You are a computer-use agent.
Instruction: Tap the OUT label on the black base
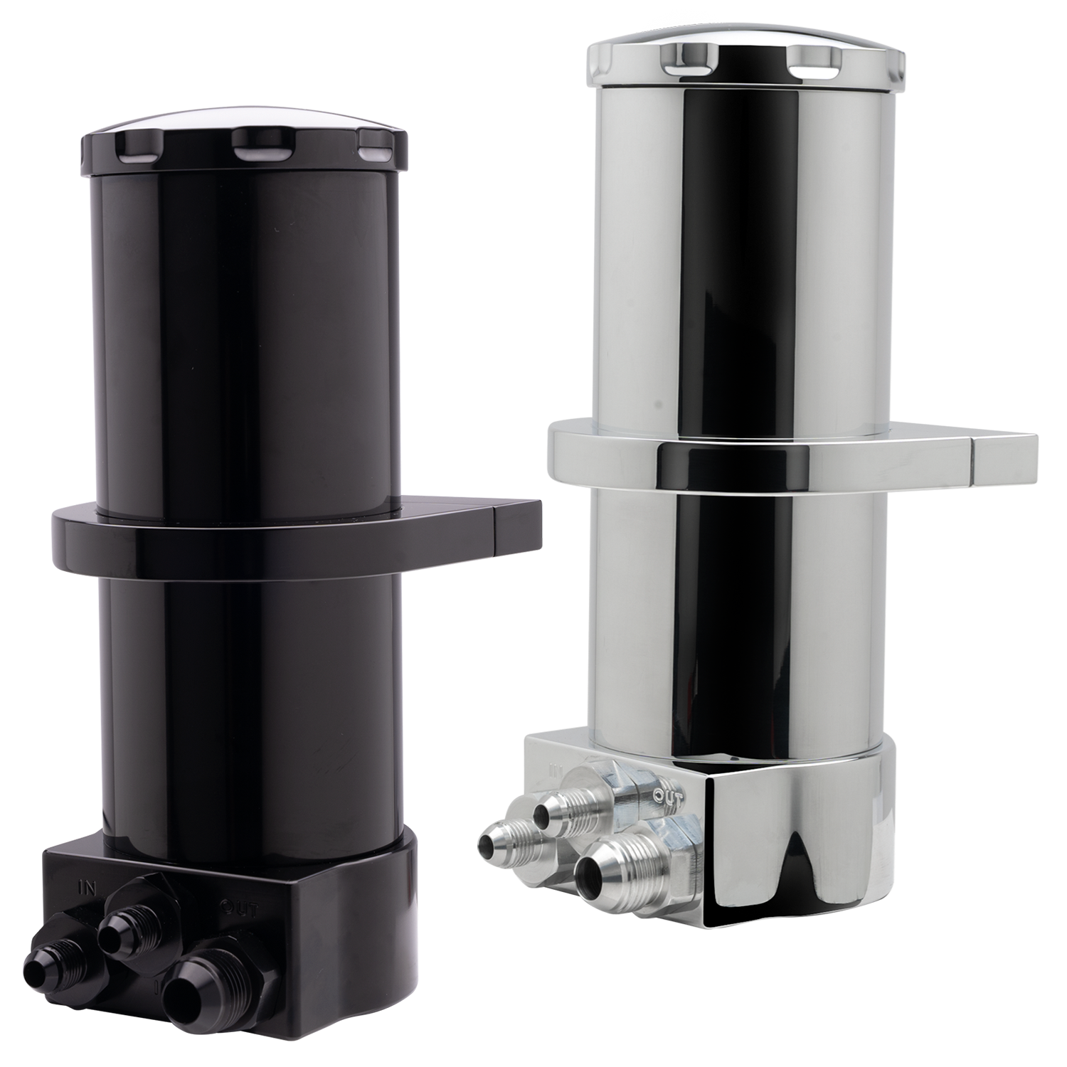pyautogui.click(x=235, y=908)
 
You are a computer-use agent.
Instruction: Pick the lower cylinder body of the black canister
pyautogui.click(x=249, y=711)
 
